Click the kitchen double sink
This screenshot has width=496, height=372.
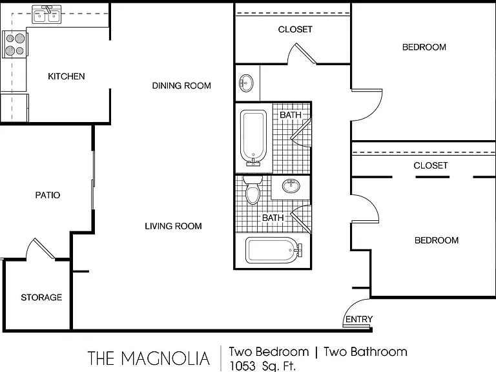tap(46, 15)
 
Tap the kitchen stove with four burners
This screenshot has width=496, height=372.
tap(15, 45)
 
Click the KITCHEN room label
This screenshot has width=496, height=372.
tap(67, 76)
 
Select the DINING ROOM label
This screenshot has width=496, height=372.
tap(181, 86)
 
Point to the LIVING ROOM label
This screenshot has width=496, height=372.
tap(173, 226)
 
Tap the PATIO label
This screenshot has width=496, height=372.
tap(48, 195)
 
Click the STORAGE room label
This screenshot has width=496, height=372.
tap(41, 297)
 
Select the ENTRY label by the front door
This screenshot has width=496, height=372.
tap(359, 319)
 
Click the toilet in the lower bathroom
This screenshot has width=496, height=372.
tap(253, 190)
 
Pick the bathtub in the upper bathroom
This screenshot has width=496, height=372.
tap(253, 138)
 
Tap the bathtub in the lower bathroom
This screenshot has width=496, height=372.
tap(274, 251)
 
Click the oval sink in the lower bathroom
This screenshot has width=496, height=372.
tap(291, 186)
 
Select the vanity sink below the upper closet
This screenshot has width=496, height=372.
tap(246, 83)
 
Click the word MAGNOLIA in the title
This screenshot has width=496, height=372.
tap(165, 358)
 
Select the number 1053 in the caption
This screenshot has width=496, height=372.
tap(242, 366)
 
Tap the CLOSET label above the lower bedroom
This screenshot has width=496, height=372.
tap(431, 165)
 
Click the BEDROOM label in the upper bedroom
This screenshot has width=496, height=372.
tap(424, 47)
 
